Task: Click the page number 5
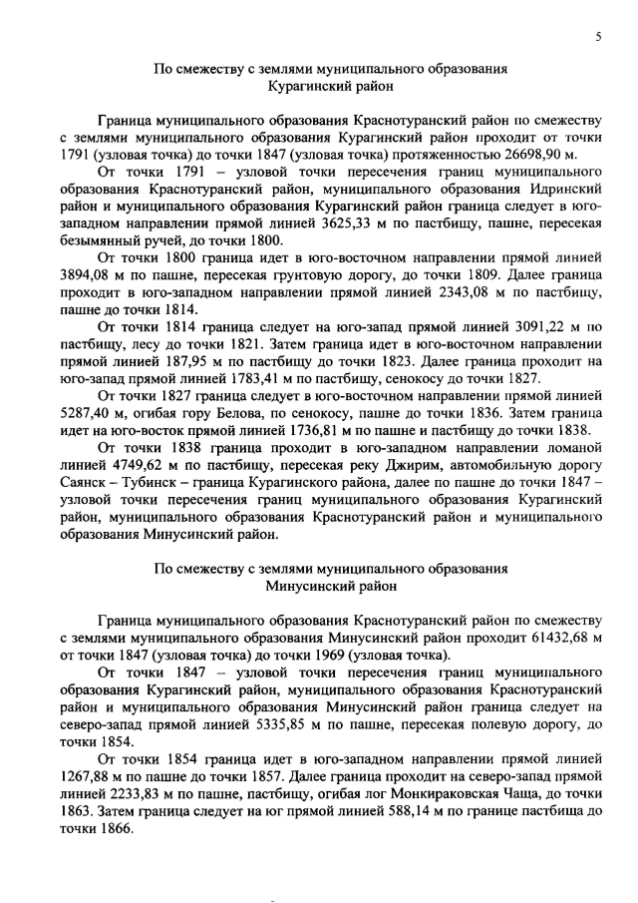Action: click(x=598, y=37)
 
